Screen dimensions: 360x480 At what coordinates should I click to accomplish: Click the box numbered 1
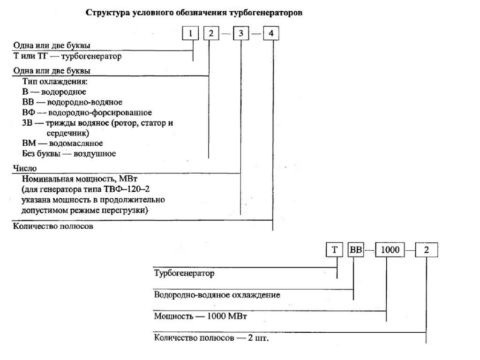[191, 34]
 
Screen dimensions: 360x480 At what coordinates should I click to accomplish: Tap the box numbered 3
[240, 34]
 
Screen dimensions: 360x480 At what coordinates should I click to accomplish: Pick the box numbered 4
[272, 34]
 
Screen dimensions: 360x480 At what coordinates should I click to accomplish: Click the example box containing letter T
[335, 249]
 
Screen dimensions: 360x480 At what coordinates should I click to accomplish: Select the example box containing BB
[355, 249]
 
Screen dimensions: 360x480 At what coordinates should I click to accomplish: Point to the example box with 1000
[390, 249]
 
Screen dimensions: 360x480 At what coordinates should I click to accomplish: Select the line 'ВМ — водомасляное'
[62, 143]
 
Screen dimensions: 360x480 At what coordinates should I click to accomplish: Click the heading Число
[22, 168]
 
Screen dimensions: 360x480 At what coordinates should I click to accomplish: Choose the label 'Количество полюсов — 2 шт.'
[212, 338]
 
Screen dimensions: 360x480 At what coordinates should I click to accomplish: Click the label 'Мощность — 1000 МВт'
[201, 316]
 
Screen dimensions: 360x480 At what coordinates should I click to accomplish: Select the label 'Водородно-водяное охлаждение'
[217, 295]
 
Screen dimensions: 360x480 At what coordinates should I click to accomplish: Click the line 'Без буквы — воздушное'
[69, 153]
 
